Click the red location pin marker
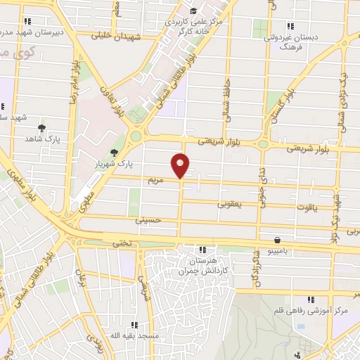181,165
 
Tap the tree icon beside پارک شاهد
42,128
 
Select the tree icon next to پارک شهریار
114,153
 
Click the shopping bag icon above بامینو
278,239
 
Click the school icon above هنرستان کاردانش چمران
202,250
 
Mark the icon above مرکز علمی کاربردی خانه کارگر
193,11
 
